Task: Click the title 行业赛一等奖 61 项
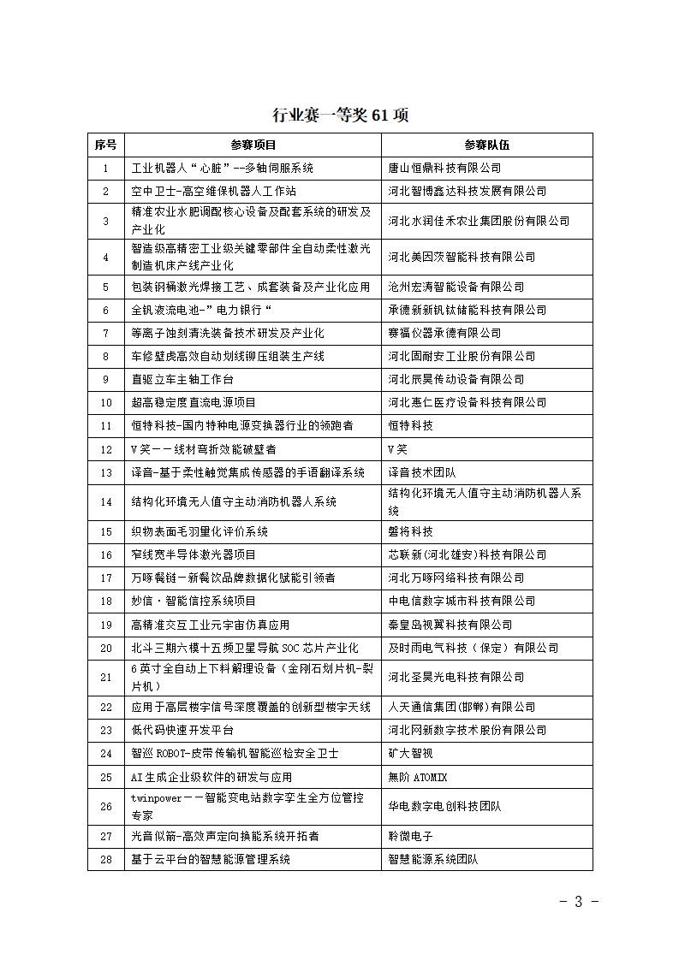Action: [340, 116]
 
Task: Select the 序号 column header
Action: [106, 145]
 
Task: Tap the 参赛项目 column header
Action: [253, 145]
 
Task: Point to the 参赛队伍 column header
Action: [486, 145]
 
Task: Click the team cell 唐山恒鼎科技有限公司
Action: [444, 169]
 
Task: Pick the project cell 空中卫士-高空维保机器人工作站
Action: [214, 192]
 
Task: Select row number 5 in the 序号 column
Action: [106, 287]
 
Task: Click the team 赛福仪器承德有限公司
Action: [444, 333]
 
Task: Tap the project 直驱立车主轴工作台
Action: [182, 379]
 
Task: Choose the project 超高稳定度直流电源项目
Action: [194, 402]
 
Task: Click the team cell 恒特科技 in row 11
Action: [411, 425]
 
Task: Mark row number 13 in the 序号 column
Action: [106, 472]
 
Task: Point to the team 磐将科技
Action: [411, 531]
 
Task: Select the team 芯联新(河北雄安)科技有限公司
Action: [468, 554]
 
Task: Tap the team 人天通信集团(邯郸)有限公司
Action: [462, 707]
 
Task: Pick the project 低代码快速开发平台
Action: [182, 730]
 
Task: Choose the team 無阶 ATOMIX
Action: [418, 777]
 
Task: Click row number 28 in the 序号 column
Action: [106, 859]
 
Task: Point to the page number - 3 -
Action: [579, 901]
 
